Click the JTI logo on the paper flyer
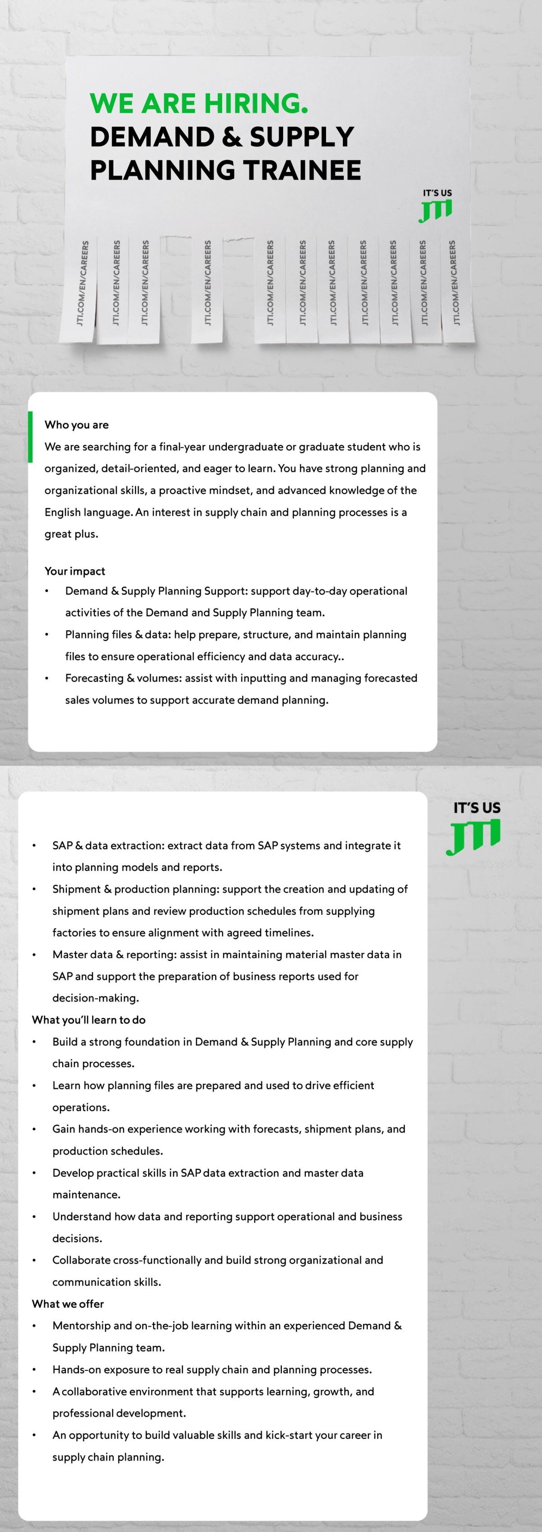click(435, 210)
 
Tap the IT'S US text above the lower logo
click(477, 808)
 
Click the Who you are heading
click(77, 425)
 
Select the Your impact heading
click(75, 571)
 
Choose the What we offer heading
click(68, 1304)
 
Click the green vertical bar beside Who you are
click(30, 436)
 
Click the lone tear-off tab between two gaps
click(207, 288)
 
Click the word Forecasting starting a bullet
click(94, 678)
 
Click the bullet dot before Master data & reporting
click(34, 955)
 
